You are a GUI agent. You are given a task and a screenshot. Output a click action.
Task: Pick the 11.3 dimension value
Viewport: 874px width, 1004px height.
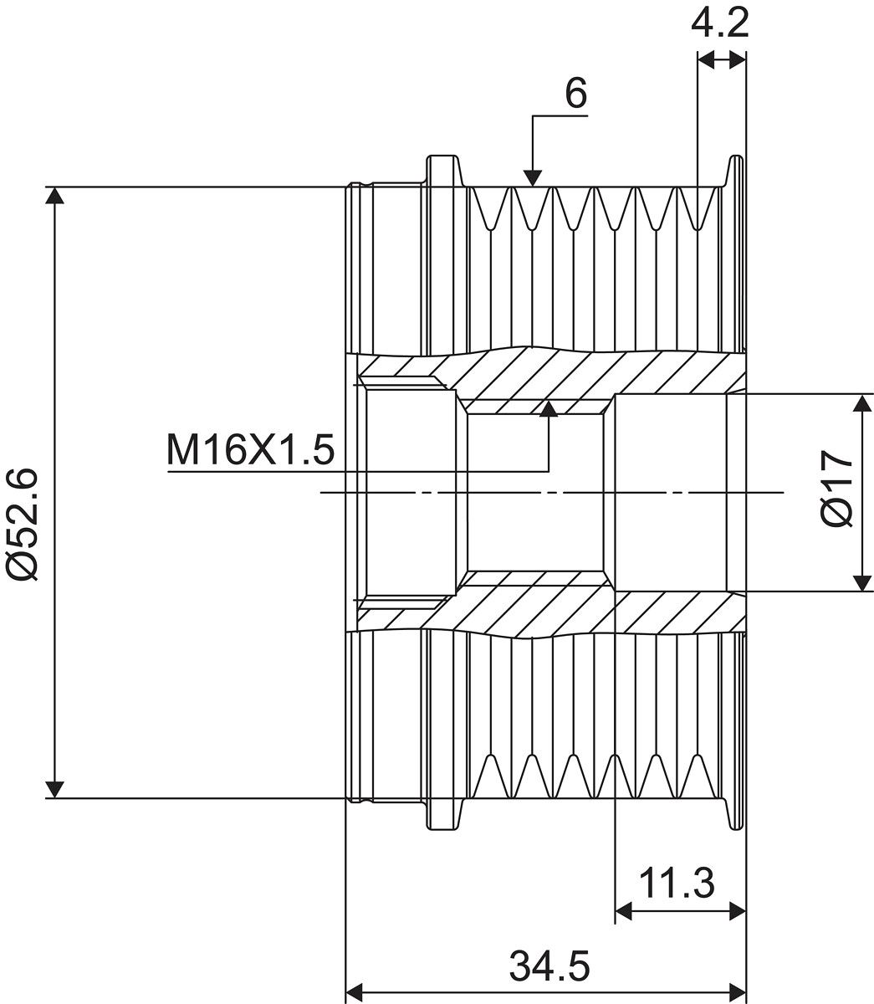pyautogui.click(x=678, y=883)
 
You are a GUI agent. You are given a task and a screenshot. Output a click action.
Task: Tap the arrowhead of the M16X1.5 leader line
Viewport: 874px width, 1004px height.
pyautogui.click(x=549, y=407)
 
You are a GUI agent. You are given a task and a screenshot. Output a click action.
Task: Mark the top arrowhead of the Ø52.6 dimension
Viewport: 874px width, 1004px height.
pyautogui.click(x=55, y=195)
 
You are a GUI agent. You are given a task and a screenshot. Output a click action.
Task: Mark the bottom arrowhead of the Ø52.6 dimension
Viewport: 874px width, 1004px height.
pyautogui.click(x=55, y=788)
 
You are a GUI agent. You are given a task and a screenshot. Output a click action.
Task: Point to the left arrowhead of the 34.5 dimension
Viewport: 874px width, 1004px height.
pyautogui.click(x=355, y=992)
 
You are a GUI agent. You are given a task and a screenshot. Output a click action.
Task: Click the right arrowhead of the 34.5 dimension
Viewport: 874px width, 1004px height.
pyautogui.click(x=737, y=992)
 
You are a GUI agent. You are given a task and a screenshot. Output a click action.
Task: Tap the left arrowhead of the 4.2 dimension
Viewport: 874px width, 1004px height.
pyautogui.click(x=704, y=59)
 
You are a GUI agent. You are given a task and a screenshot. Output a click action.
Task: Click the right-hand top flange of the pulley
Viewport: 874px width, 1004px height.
pyautogui.click(x=735, y=172)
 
